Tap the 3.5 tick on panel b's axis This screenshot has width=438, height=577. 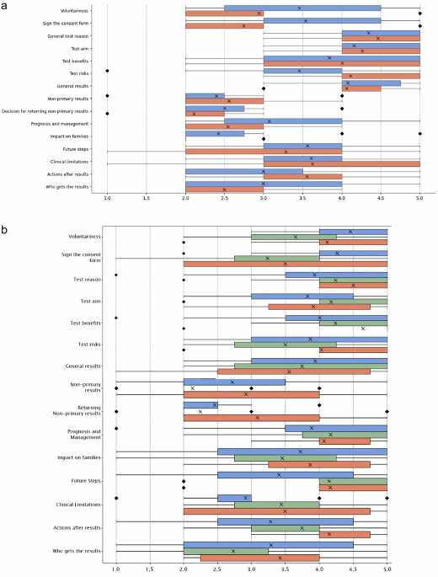pyautogui.click(x=285, y=569)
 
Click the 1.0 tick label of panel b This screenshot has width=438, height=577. pyautogui.click(x=115, y=569)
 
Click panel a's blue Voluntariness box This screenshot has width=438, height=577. pyautogui.click(x=302, y=8)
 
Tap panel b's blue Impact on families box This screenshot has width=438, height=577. pyautogui.click(x=302, y=451)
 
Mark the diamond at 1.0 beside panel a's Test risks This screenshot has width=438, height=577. pyautogui.click(x=107, y=71)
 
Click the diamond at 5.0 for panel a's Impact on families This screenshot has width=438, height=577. pyautogui.click(x=419, y=133)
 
